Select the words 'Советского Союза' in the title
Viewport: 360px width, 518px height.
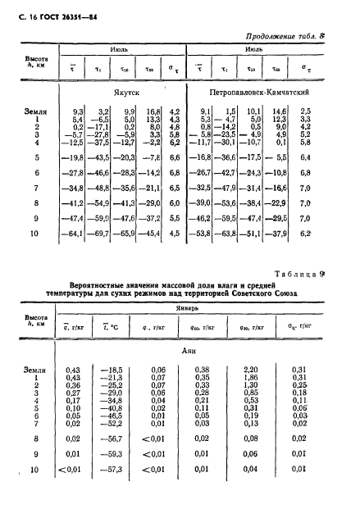point(267,293)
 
